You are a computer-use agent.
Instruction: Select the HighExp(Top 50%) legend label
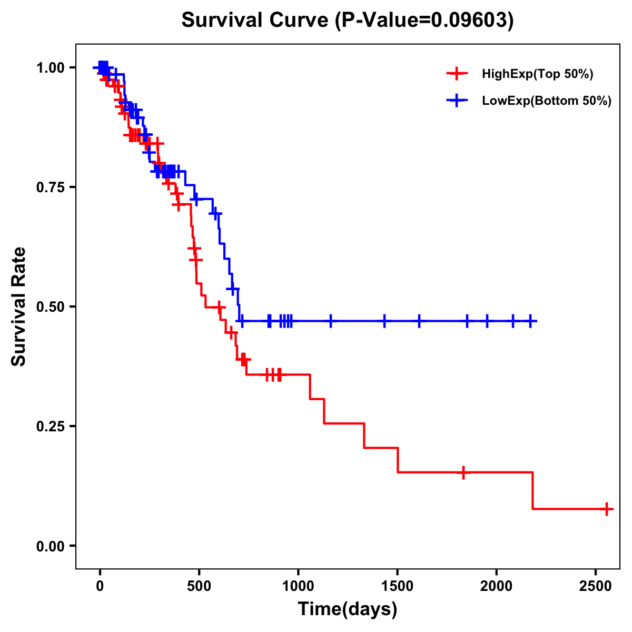tap(538, 74)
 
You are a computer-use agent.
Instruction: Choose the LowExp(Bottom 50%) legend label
tap(547, 101)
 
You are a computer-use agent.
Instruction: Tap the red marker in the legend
tap(457, 74)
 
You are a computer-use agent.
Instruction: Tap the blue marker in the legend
tap(457, 101)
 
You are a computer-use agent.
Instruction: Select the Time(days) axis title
tap(348, 609)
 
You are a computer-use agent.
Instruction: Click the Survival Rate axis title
tap(19, 307)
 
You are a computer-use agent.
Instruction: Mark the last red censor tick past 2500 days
tap(607, 509)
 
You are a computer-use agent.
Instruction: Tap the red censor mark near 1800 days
tap(463, 472)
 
